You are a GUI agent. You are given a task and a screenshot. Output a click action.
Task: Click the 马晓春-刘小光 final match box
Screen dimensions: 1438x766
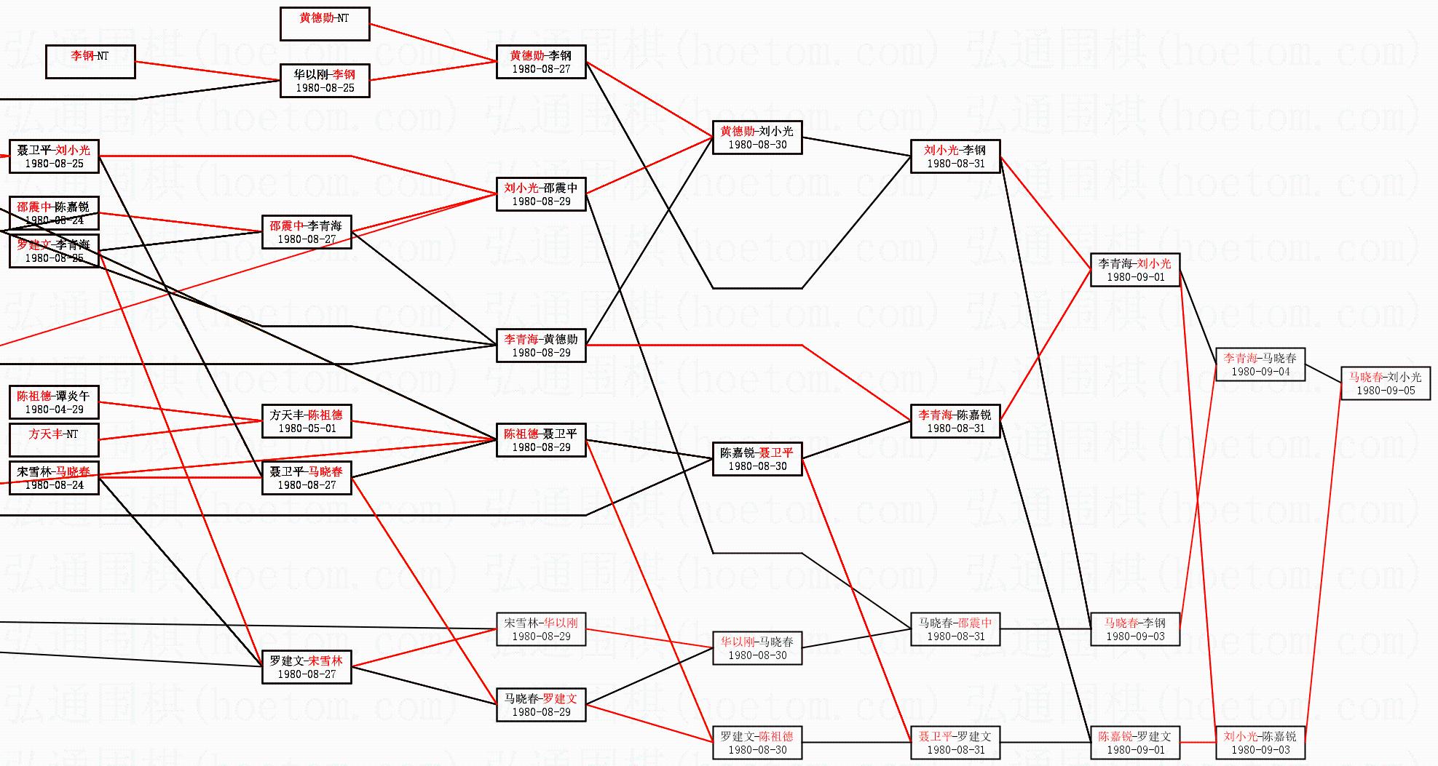point(1385,383)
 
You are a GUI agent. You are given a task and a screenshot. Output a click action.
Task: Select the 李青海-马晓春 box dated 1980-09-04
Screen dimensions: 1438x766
point(1260,364)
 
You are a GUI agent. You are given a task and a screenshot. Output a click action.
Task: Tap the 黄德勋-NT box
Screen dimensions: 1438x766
point(325,24)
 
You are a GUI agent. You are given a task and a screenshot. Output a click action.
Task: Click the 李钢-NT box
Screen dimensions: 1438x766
point(90,62)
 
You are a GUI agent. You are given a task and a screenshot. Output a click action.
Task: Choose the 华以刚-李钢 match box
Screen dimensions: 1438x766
point(325,81)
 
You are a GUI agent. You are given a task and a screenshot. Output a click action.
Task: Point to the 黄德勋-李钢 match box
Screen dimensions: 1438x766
point(541,62)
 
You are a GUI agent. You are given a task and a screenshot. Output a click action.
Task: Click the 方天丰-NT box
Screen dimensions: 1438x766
point(54,440)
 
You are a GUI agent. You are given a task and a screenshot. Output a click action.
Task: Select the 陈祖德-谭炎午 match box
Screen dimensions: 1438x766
point(54,402)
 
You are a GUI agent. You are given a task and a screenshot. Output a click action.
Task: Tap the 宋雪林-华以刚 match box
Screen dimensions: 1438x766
point(541,629)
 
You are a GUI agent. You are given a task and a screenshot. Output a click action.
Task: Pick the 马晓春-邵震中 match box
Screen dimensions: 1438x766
point(955,629)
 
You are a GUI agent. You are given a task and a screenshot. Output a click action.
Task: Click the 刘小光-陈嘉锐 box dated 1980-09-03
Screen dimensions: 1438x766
point(1260,743)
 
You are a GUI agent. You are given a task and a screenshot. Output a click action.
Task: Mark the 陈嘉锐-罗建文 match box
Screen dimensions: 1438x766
point(1135,743)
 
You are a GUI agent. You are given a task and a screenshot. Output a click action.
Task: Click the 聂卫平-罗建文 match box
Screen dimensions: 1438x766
point(955,743)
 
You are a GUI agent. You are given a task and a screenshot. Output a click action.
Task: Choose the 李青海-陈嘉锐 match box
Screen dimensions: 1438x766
point(955,421)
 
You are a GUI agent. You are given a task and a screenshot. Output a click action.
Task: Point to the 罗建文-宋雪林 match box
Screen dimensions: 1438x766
point(307,667)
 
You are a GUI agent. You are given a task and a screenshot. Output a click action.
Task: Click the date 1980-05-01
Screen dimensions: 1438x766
point(307,428)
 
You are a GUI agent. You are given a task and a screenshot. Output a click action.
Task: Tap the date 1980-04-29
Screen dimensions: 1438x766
point(54,410)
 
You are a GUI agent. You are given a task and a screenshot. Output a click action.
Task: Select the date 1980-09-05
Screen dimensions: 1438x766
point(1385,391)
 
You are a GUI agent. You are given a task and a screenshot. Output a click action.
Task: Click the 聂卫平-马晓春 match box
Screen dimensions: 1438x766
point(307,478)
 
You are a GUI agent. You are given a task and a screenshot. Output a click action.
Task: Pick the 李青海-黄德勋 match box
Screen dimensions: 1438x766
point(541,346)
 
